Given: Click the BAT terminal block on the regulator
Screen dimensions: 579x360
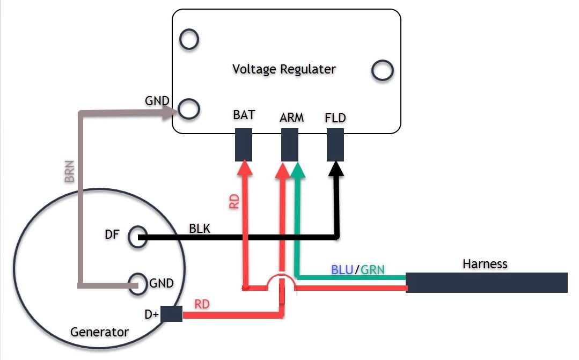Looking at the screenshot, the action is (244, 144).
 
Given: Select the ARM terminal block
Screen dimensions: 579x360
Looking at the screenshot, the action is (290, 144).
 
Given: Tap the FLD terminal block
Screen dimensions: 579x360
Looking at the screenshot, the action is (335, 144).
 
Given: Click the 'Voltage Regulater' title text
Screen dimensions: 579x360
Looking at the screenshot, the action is (284, 69).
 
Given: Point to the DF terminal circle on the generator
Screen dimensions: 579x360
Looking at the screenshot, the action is (130, 237).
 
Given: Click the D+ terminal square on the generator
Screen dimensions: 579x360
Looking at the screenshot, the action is (171, 314).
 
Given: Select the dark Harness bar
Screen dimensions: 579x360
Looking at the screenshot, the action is (487, 282).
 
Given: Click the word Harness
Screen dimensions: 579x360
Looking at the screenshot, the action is (485, 264).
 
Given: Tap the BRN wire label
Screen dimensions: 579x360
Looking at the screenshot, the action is (69, 171).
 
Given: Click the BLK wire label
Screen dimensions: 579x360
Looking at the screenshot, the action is (200, 229).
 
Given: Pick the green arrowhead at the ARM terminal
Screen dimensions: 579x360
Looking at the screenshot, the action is (298, 170).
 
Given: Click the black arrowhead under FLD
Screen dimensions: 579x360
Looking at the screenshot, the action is (336, 168).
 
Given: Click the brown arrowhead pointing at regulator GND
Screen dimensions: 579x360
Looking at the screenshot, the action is (170, 112).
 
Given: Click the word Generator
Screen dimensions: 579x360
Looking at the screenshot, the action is (99, 332).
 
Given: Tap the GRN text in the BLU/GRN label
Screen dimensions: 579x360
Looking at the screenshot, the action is (372, 270).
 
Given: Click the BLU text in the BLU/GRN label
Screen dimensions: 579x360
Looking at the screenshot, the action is (342, 270).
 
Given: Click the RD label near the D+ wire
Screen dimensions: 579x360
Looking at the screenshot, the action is (202, 304).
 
